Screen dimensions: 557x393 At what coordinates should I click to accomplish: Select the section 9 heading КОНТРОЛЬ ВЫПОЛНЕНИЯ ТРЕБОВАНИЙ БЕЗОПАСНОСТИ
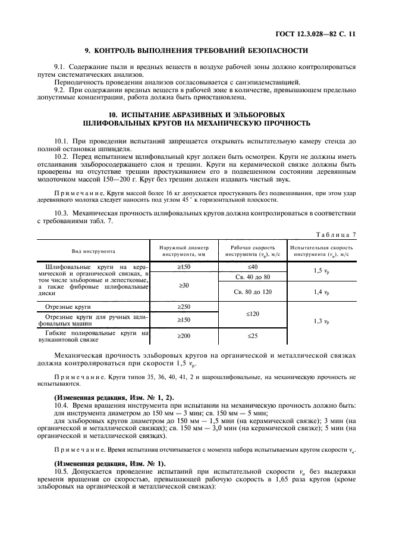pyautogui.click(x=196, y=51)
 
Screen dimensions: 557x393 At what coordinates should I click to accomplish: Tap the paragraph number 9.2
pyautogui.click(x=59, y=89)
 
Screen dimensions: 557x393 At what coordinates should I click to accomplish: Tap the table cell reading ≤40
pyautogui.click(x=253, y=267)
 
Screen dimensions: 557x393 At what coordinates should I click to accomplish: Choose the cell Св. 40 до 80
pyautogui.click(x=253, y=277)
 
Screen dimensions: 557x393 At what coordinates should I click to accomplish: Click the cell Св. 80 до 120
pyautogui.click(x=253, y=292)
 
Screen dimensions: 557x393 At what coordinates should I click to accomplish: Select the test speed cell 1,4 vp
pyautogui.click(x=322, y=292)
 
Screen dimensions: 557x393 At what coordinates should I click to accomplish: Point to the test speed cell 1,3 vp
pyautogui.click(x=322, y=321)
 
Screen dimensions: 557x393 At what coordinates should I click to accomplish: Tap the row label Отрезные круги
pyautogui.click(x=67, y=306)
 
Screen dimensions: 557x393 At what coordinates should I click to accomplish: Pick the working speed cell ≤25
pyautogui.click(x=253, y=336)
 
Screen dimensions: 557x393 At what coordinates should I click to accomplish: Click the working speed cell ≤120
pyautogui.click(x=253, y=314)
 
